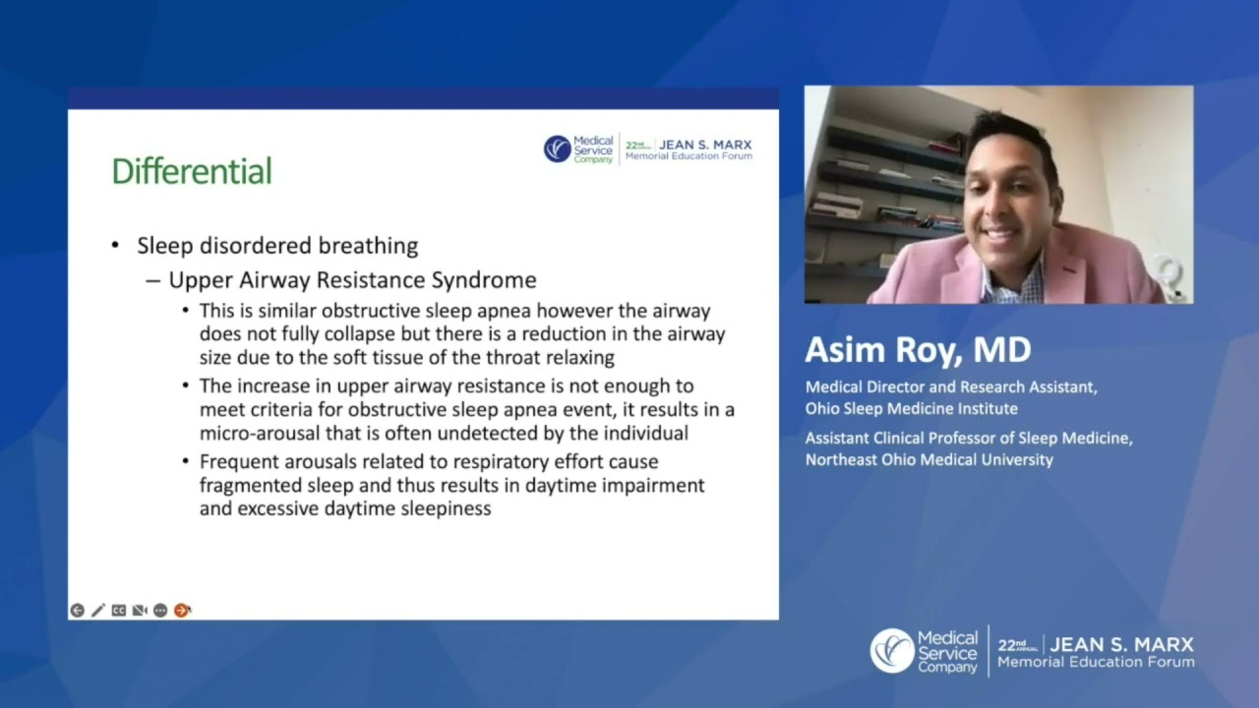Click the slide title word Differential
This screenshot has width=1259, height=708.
(191, 171)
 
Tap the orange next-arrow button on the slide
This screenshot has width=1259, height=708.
(182, 611)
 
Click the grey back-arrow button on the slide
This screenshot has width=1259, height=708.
(77, 611)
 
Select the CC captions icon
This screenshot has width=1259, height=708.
(119, 611)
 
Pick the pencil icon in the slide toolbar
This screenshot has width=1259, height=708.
(98, 611)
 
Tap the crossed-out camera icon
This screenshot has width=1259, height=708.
(140, 611)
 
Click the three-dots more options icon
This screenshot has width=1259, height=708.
(160, 611)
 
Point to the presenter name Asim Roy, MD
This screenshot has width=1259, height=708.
(917, 350)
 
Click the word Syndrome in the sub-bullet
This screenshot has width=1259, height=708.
(487, 280)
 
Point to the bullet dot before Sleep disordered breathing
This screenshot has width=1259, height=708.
(116, 246)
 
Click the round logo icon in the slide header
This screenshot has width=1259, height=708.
(557, 148)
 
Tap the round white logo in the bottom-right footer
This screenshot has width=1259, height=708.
(892, 651)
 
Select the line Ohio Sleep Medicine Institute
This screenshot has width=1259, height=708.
(911, 408)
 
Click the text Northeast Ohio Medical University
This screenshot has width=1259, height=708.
(929, 459)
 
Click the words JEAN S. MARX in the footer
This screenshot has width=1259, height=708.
(1121, 645)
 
